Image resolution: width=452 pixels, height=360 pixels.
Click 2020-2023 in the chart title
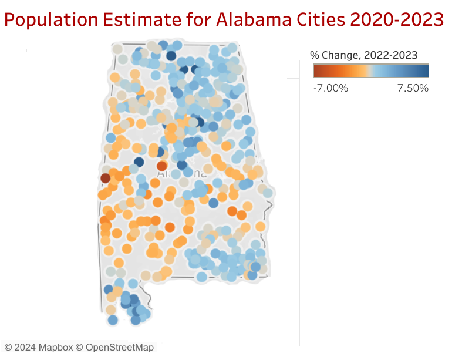pyautogui.click(x=396, y=21)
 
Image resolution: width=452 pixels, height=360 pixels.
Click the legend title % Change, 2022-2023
pyautogui.click(x=363, y=55)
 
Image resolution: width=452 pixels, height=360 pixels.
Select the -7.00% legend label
pyautogui.click(x=330, y=88)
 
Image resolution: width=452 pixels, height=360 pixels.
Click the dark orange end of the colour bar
pyautogui.click(x=317, y=70)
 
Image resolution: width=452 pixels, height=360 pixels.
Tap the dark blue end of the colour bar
pyautogui.click(x=425, y=70)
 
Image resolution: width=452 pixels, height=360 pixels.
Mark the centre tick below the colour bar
pyautogui.click(x=369, y=78)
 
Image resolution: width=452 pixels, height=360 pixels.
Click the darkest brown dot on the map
pyautogui.click(x=105, y=178)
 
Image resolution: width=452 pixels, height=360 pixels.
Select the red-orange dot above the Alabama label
pyautogui.click(x=161, y=166)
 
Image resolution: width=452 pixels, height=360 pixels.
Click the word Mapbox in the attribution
pyautogui.click(x=56, y=347)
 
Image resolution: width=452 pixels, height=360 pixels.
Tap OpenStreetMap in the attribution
pyautogui.click(x=120, y=347)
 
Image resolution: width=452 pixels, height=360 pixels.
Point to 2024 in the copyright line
pyautogui.click(x=25, y=347)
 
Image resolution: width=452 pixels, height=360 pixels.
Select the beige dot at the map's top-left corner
pyautogui.click(x=117, y=49)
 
